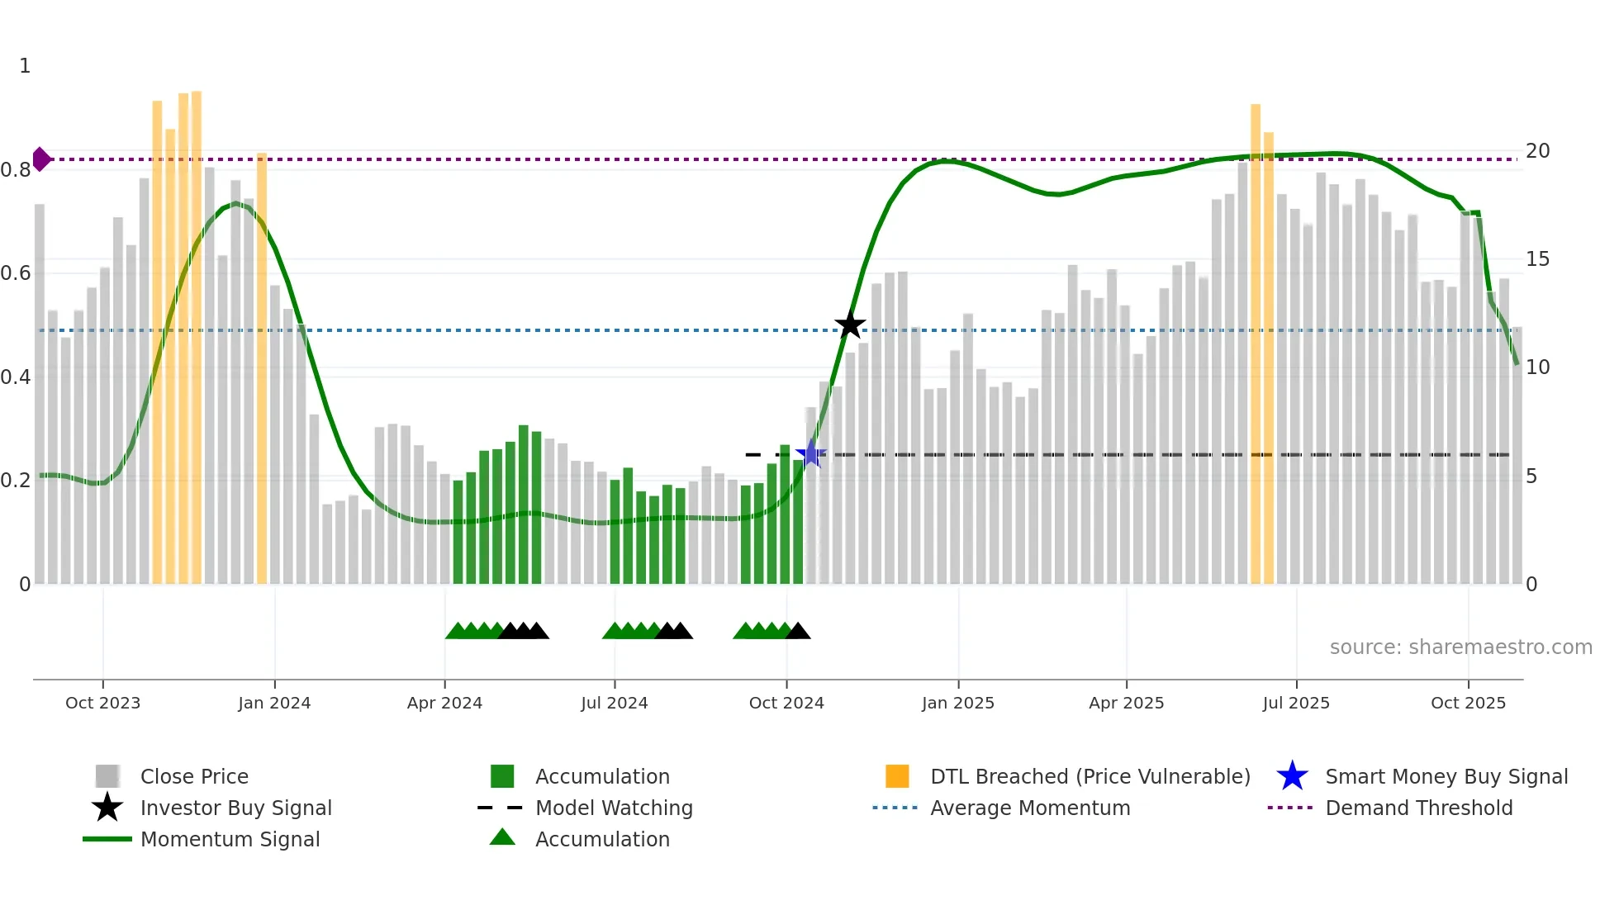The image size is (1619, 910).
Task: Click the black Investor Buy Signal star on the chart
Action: (x=850, y=325)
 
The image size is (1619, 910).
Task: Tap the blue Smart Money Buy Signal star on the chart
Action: (x=811, y=453)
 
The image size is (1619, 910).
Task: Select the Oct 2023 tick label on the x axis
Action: (x=102, y=703)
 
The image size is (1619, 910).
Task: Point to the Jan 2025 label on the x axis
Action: (x=957, y=703)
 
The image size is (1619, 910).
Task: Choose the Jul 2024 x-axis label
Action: (x=614, y=703)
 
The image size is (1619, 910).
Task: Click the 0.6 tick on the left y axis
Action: (x=16, y=273)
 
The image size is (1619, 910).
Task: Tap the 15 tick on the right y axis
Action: (x=1537, y=259)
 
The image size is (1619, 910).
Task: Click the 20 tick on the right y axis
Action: (x=1537, y=151)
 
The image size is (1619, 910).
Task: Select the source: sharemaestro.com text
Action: (x=1460, y=647)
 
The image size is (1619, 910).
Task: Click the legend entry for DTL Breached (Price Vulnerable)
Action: (x=1090, y=776)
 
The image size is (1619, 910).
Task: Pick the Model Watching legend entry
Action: (x=614, y=808)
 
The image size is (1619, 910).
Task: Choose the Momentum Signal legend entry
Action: (x=230, y=839)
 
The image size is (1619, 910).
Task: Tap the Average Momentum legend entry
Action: (x=1030, y=808)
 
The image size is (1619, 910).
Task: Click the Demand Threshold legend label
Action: (x=1418, y=808)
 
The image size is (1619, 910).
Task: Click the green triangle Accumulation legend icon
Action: (x=502, y=838)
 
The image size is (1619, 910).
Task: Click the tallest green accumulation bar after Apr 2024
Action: (x=523, y=504)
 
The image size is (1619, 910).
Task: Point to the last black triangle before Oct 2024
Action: (x=798, y=632)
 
